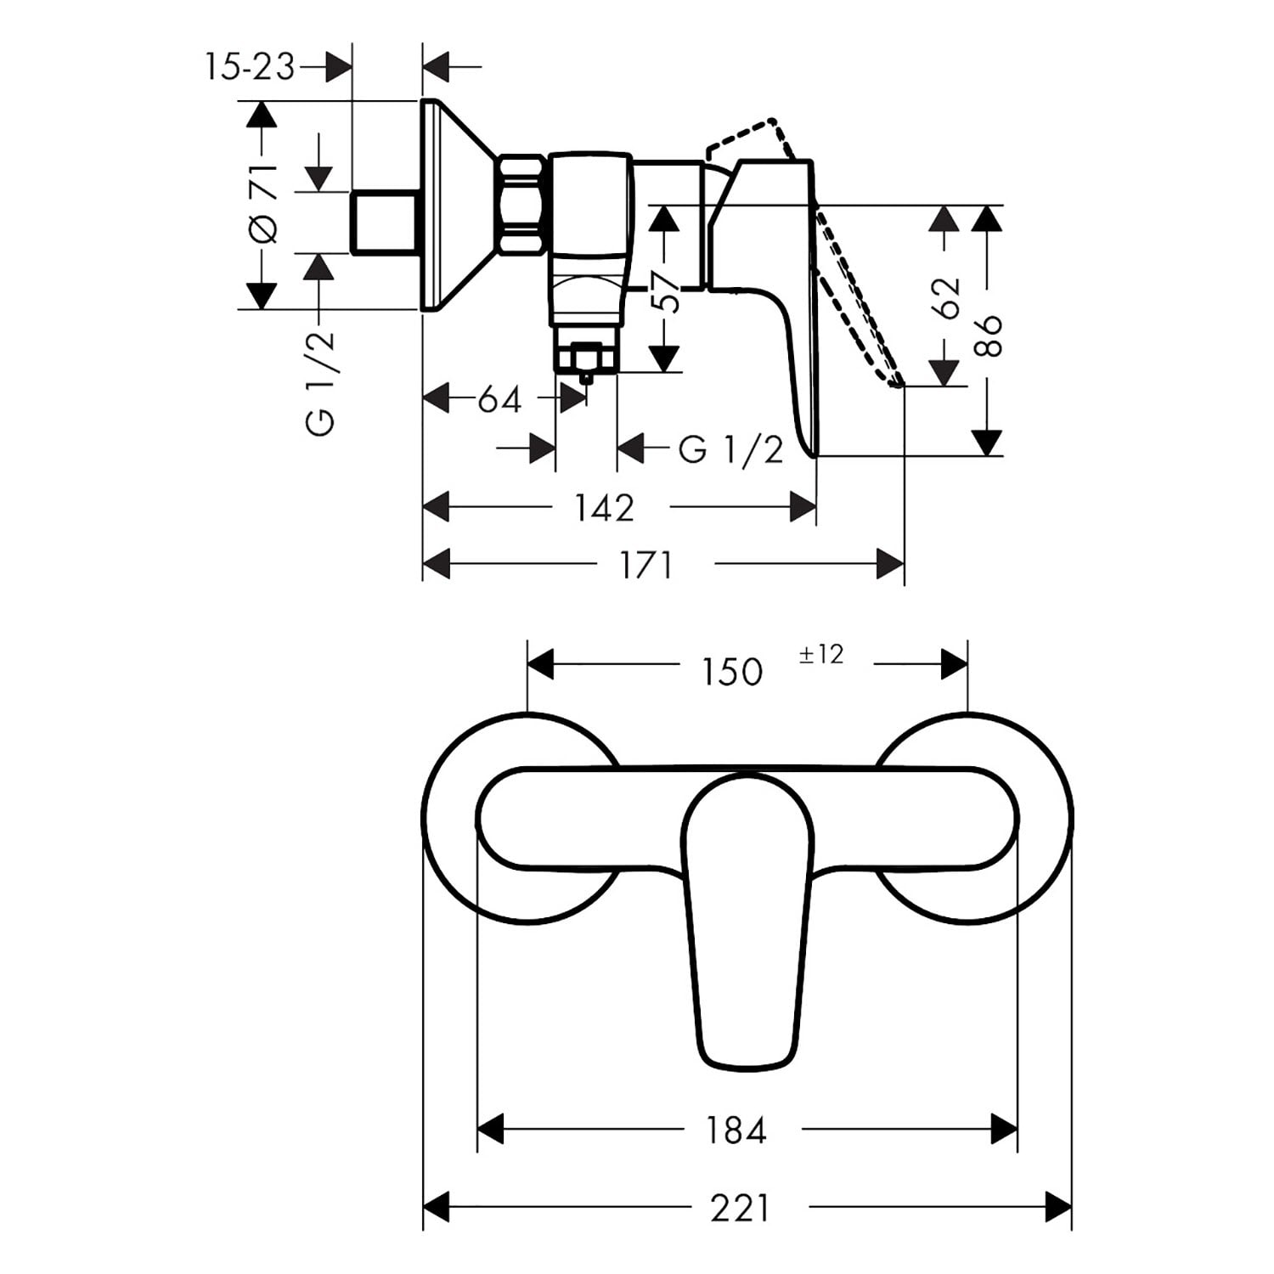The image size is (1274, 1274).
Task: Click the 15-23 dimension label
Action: (249, 66)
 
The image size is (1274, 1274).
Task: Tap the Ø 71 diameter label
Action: (263, 204)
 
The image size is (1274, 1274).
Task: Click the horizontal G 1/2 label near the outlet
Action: (730, 449)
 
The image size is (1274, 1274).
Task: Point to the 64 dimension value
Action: (499, 398)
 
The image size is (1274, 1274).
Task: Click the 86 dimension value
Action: (988, 335)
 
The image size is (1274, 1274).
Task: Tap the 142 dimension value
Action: (604, 508)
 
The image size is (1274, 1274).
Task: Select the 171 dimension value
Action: (646, 565)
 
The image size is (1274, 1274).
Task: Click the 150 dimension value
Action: (731, 672)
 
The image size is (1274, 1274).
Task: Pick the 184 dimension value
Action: (736, 1130)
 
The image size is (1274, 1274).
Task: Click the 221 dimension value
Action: (739, 1208)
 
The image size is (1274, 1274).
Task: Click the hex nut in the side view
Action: (521, 205)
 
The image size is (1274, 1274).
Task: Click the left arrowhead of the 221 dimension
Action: (436, 1208)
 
